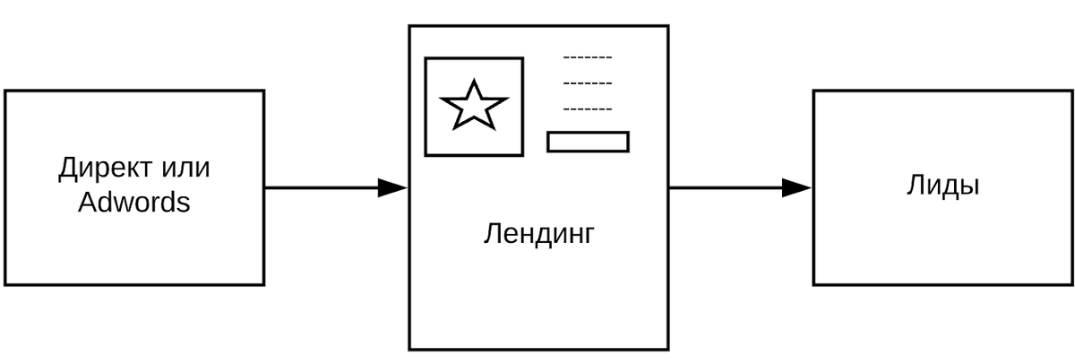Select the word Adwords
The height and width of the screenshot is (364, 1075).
[134, 203]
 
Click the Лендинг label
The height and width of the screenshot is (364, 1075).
[538, 235]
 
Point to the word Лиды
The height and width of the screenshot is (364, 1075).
[942, 186]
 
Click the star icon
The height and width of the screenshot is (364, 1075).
[474, 106]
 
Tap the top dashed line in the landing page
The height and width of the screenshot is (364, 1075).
[588, 59]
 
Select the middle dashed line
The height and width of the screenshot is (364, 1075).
[588, 84]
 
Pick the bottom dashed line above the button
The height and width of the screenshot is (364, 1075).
[588, 109]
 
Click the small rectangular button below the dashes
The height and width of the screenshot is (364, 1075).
[588, 142]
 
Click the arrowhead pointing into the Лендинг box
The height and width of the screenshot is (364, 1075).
[393, 188]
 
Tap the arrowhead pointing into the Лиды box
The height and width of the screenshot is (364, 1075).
[796, 188]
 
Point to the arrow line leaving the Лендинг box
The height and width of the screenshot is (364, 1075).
[726, 188]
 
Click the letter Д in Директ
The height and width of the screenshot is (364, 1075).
[68, 169]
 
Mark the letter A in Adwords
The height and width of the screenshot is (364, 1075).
[86, 203]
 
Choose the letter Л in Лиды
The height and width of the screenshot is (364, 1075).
[915, 186]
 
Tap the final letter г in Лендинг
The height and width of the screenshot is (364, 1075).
[589, 236]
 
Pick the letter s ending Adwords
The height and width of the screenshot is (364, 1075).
[184, 204]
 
